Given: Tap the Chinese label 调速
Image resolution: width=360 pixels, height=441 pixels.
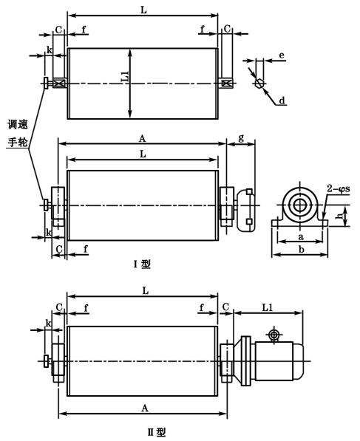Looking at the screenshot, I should [18, 125].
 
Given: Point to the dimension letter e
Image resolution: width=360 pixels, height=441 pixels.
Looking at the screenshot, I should [282, 55].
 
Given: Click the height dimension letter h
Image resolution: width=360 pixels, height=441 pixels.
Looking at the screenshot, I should [338, 216].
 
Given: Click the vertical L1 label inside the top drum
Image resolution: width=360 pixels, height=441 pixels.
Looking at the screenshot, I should [124, 76].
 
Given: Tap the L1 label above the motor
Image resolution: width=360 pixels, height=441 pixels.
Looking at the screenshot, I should [268, 306].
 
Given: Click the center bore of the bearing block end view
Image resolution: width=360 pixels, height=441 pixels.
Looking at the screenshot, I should [300, 203].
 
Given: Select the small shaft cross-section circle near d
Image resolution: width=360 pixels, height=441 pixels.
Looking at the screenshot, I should [259, 83].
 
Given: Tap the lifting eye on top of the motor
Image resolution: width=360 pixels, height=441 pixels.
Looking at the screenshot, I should [274, 336].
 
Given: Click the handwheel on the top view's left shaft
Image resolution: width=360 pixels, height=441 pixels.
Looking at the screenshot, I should [46, 84].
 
